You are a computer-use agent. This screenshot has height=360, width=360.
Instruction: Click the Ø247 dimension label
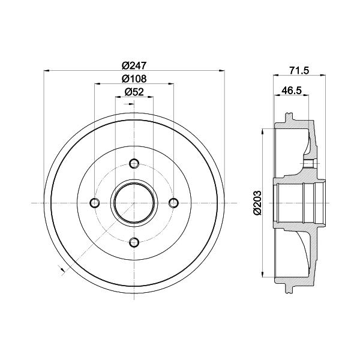[x=134, y=66]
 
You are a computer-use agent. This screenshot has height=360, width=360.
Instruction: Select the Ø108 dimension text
[x=134, y=79]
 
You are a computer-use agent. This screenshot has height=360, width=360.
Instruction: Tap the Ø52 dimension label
[x=134, y=92]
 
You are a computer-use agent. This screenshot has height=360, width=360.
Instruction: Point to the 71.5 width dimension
[x=299, y=70]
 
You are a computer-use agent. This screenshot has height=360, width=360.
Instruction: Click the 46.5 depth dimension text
[x=292, y=90]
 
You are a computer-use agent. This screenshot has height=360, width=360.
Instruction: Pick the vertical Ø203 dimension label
[x=257, y=203]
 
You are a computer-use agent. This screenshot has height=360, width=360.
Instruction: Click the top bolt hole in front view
[x=134, y=163]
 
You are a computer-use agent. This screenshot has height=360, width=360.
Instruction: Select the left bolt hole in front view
[x=95, y=203]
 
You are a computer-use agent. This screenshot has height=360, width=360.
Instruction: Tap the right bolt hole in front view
[x=173, y=203]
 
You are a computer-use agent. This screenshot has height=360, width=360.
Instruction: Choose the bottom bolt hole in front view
[x=134, y=242]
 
